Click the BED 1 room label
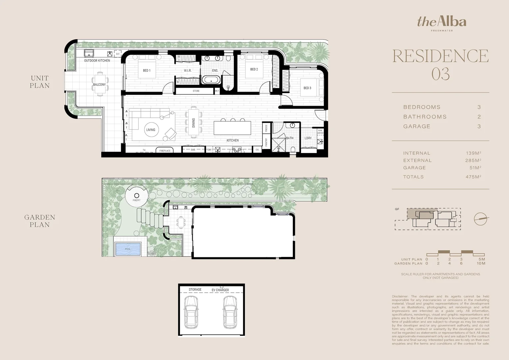[147, 71]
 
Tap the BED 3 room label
[307, 88]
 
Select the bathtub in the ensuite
[211, 80]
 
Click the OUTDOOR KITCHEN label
[97, 61]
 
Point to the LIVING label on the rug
[151, 130]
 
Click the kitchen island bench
[233, 128]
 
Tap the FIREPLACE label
[165, 151]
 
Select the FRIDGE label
[266, 128]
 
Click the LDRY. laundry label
[308, 138]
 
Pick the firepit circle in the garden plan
[137, 195]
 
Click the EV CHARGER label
[220, 290]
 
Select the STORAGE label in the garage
[195, 290]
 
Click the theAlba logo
[442, 22]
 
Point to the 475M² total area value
[473, 177]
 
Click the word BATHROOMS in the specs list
[425, 117]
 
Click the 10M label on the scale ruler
[481, 263]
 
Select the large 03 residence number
[440, 74]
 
